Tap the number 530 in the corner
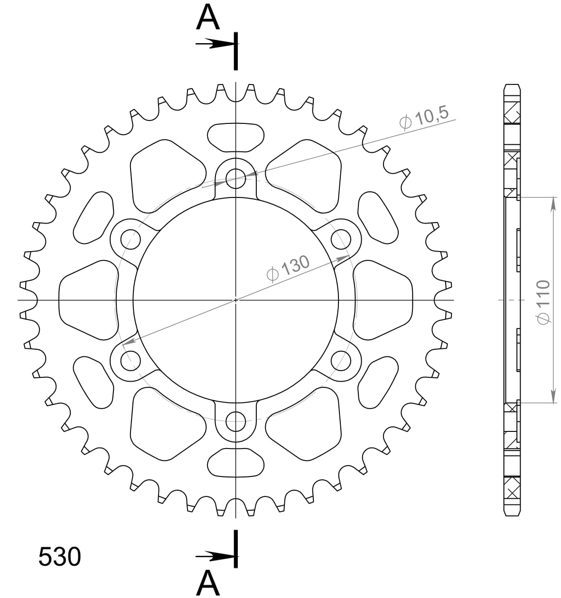pyautogui.click(x=59, y=557)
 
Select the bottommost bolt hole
pyautogui.click(x=235, y=420)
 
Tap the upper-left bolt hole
pyautogui.click(x=131, y=239)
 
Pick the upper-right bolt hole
pyautogui.click(x=340, y=239)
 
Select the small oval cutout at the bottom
pyautogui.click(x=235, y=463)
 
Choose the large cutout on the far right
pyautogui.click(x=383, y=300)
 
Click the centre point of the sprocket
pyautogui.click(x=235, y=300)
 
